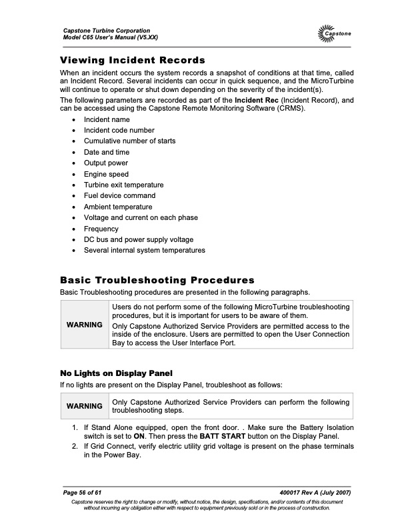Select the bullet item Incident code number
point(119,131)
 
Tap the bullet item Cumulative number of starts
point(129,141)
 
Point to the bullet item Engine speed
point(106,174)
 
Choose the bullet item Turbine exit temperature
point(123,185)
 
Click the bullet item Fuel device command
point(119,196)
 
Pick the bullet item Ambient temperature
point(118,207)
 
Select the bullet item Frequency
point(101,229)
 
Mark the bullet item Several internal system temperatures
point(144,251)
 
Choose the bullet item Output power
point(105,163)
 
